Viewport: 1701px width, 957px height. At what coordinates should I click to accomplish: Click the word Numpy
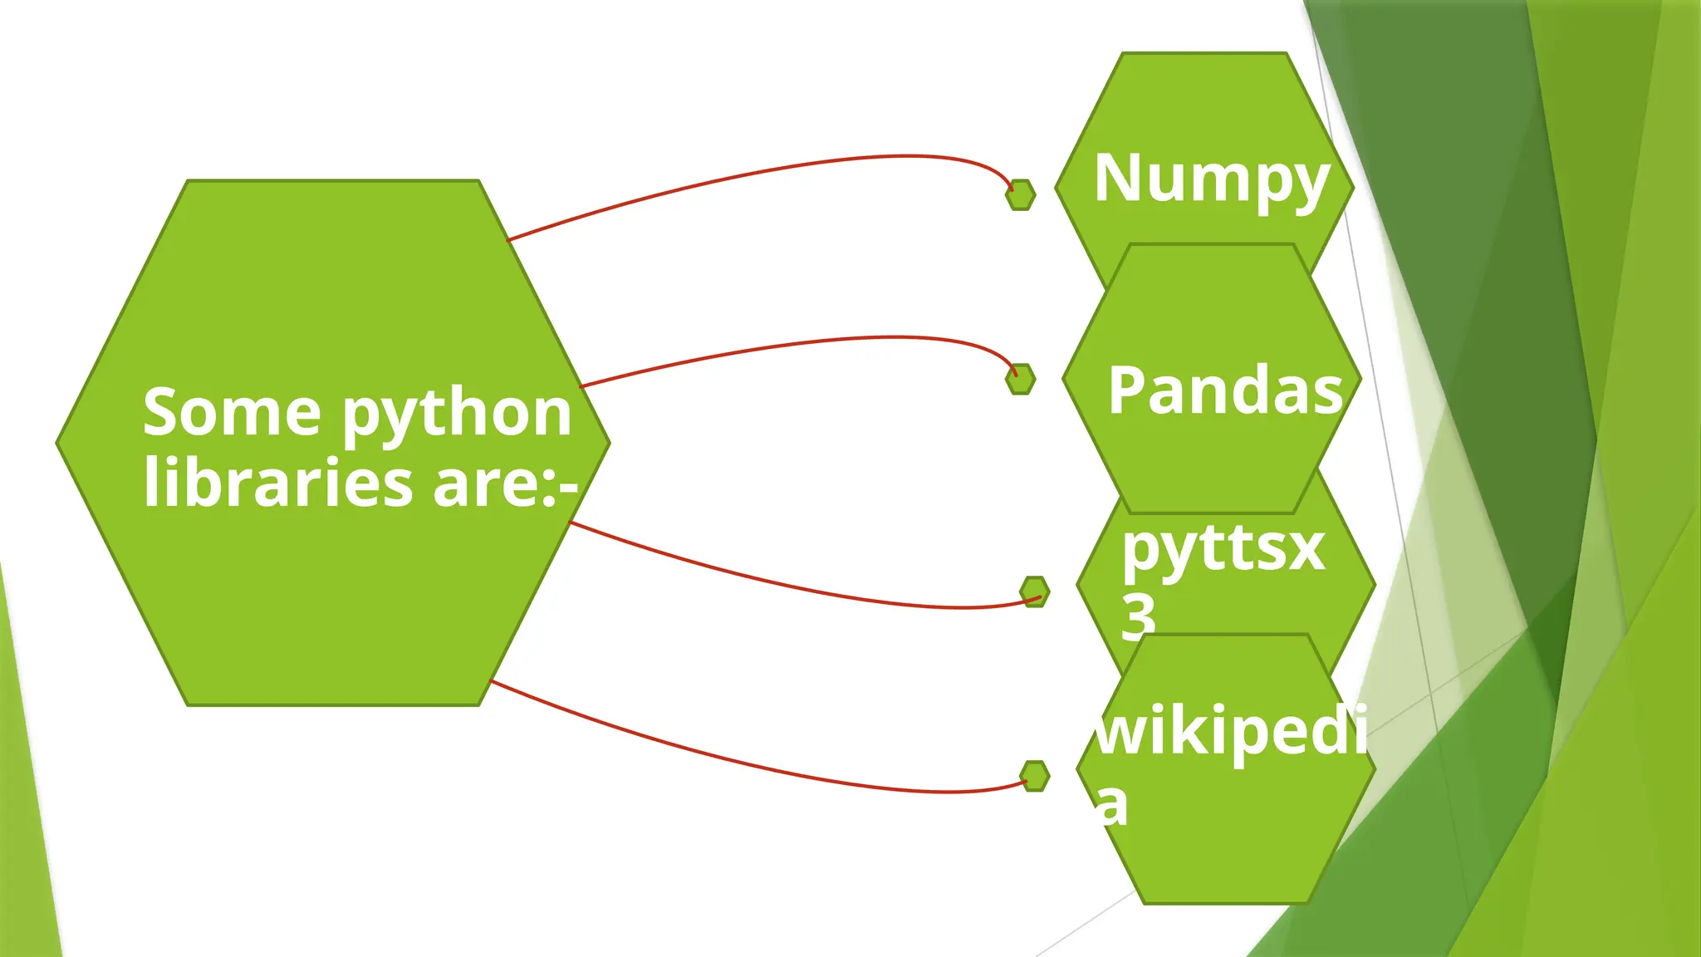tap(1211, 179)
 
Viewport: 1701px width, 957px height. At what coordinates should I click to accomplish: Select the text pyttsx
tap(1223, 550)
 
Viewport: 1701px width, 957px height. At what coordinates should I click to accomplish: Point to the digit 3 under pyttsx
tap(1138, 616)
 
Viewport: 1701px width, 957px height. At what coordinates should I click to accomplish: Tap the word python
tap(457, 414)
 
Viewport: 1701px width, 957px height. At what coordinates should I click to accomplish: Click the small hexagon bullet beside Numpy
tap(1021, 195)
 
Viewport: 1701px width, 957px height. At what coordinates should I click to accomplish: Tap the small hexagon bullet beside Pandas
tap(1021, 379)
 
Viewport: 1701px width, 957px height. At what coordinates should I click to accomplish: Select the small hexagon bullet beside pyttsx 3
tap(1035, 591)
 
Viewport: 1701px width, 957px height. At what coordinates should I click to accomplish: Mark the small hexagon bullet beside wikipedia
tap(1035, 776)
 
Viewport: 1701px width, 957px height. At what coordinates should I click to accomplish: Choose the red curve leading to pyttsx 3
tap(789, 586)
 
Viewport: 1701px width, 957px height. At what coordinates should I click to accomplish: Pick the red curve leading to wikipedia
tap(748, 765)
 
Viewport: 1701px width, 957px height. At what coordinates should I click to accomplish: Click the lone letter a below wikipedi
tap(1111, 804)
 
